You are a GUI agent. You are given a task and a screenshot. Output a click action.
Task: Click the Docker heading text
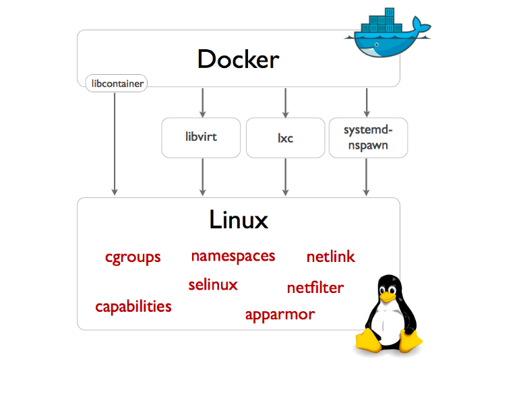tap(238, 59)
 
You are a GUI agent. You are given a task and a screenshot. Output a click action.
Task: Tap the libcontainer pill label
tap(117, 84)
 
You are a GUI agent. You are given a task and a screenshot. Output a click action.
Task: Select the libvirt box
tap(201, 137)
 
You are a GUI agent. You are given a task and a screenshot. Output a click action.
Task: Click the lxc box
tap(286, 137)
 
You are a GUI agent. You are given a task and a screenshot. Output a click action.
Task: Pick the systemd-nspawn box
tap(368, 137)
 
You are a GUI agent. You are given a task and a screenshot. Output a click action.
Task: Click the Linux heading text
tap(239, 220)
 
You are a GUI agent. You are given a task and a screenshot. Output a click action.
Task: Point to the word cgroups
tap(133, 258)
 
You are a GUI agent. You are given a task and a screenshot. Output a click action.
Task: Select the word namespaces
tap(233, 257)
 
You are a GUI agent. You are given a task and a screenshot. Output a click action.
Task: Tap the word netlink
tap(330, 257)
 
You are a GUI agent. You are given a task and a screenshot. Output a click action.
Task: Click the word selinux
tap(213, 285)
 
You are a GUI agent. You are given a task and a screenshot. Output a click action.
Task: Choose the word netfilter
tap(315, 288)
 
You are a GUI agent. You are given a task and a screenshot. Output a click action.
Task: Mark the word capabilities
tap(133, 306)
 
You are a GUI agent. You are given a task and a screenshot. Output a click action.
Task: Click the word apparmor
tap(280, 315)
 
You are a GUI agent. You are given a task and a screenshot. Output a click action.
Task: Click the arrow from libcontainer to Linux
tap(115, 144)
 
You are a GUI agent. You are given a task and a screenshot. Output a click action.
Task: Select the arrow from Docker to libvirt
tap(202, 102)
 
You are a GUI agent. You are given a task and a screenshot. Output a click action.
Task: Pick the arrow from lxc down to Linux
tap(286, 177)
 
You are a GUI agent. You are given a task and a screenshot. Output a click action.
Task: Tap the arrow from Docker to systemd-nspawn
tap(367, 102)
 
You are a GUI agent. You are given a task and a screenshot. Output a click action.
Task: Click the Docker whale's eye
tap(377, 44)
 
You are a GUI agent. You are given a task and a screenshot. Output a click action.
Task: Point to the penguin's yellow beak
tap(388, 296)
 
